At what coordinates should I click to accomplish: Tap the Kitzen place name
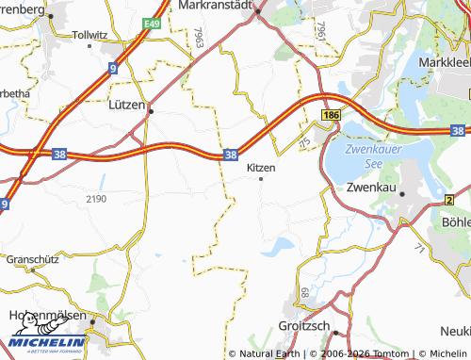coord(261,167)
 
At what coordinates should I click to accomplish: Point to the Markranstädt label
coord(219,6)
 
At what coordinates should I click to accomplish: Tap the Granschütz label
coord(31,257)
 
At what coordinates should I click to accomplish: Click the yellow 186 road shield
coord(330,114)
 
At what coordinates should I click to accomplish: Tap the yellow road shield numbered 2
coord(450,200)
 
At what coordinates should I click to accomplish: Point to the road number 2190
coord(96,199)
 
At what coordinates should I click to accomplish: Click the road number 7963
coord(199,39)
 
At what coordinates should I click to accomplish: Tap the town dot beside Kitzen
coord(261,178)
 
